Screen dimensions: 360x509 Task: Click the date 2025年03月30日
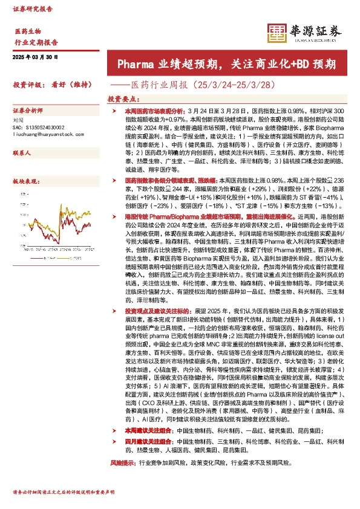click(x=35, y=57)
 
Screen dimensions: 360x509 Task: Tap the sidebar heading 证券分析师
click(x=28, y=111)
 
